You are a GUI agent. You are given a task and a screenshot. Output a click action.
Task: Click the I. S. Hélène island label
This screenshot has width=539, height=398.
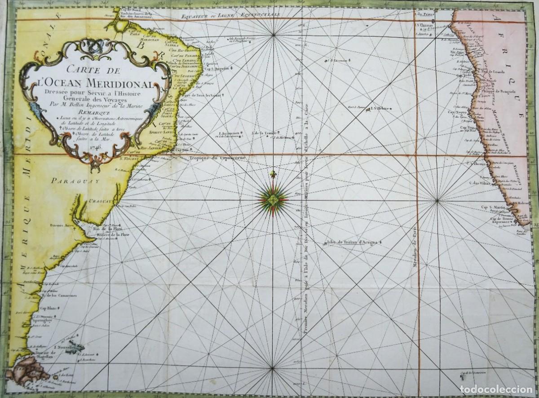click(380, 109)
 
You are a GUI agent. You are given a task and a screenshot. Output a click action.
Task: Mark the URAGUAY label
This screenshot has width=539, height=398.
click(101, 202)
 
